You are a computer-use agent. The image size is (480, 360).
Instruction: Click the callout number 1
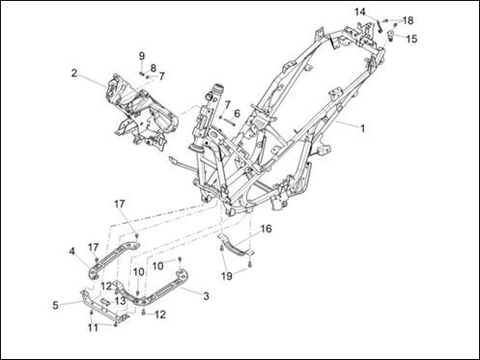click(x=363, y=128)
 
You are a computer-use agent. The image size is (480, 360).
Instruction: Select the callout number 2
click(x=74, y=73)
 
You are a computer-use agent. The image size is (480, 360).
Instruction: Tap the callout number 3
click(x=206, y=296)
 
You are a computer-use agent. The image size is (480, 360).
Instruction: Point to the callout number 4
click(x=72, y=251)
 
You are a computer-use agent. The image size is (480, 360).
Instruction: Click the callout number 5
click(x=56, y=305)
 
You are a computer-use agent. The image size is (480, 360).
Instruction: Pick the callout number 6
click(x=237, y=113)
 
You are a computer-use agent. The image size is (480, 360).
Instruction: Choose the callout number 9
click(x=142, y=56)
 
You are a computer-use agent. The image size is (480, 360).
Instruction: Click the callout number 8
click(x=154, y=68)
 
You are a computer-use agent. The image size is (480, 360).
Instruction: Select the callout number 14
click(x=360, y=13)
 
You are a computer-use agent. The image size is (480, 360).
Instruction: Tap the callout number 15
click(x=411, y=39)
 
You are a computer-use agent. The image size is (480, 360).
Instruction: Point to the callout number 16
click(x=266, y=229)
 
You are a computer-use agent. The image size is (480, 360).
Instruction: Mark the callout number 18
click(x=408, y=20)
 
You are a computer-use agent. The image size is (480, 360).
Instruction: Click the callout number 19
click(x=227, y=276)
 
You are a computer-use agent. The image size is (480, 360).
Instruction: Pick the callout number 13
click(x=121, y=301)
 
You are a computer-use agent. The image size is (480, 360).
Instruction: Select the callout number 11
click(x=93, y=328)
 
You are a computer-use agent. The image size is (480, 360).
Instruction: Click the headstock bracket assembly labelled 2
click(x=142, y=111)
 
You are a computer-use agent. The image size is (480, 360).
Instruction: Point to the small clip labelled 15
click(x=391, y=35)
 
